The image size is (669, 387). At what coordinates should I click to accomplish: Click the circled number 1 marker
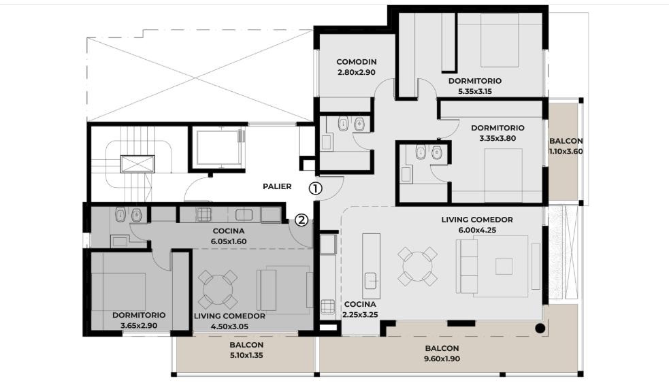pyautogui.click(x=315, y=188)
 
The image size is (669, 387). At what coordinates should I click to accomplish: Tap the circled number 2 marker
pyautogui.click(x=301, y=220)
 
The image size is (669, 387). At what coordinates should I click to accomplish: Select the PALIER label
pyautogui.click(x=277, y=186)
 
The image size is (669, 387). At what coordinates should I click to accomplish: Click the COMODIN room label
pyautogui.click(x=356, y=62)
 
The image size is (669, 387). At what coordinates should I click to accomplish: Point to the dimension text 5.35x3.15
pyautogui.click(x=475, y=91)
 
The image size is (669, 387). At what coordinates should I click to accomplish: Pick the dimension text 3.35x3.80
pyautogui.click(x=497, y=138)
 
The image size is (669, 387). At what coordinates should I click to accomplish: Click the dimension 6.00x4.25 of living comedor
pyautogui.click(x=477, y=230)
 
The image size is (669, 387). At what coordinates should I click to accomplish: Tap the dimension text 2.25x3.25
pyautogui.click(x=360, y=315)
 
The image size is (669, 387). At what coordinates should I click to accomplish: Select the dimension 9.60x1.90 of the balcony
pyautogui.click(x=442, y=359)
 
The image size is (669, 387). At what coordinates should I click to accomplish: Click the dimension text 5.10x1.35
pyautogui.click(x=246, y=355)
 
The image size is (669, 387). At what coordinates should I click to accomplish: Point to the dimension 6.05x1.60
pyautogui.click(x=229, y=241)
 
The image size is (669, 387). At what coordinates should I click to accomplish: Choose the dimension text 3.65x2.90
pyautogui.click(x=139, y=326)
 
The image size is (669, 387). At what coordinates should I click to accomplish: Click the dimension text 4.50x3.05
pyautogui.click(x=229, y=327)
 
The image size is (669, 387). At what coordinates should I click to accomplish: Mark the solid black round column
pyautogui.click(x=540, y=329)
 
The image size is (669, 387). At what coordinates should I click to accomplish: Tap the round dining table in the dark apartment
pyautogui.click(x=218, y=289)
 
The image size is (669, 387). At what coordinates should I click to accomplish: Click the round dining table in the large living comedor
pyautogui.click(x=418, y=267)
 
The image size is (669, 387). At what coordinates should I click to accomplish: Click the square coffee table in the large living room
pyautogui.click(x=504, y=267)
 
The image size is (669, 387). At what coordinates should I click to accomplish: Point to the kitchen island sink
pyautogui.click(x=371, y=280)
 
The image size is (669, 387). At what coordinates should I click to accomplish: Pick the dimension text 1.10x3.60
pyautogui.click(x=566, y=151)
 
